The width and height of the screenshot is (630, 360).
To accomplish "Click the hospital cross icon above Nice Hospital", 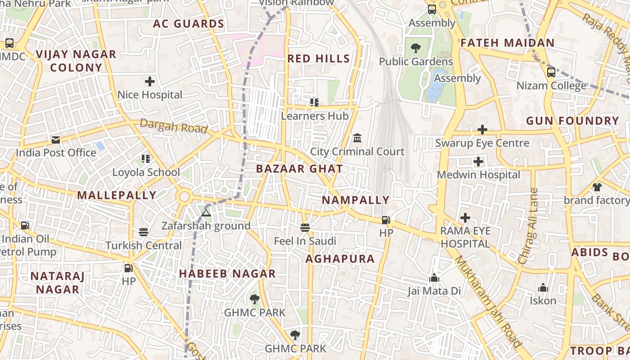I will click(x=150, y=81).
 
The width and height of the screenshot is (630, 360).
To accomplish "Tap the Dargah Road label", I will click(x=174, y=126).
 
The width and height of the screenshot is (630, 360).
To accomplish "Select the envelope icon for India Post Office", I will click(x=56, y=140).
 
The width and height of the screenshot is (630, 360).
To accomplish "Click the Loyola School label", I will click(x=146, y=172).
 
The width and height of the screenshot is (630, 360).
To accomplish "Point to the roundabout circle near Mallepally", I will click(x=184, y=197).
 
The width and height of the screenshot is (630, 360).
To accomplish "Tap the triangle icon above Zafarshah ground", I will click(x=206, y=213).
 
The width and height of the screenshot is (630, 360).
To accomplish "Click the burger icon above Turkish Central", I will click(x=144, y=232).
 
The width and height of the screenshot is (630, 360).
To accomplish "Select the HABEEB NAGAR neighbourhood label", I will click(x=227, y=274).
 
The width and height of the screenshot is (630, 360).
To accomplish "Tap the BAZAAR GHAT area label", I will click(x=299, y=169).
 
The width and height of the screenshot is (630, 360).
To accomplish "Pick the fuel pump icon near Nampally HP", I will click(x=386, y=220).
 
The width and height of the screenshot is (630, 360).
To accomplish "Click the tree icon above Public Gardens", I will click(x=415, y=47).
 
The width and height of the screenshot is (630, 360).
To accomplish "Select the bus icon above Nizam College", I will click(x=551, y=72).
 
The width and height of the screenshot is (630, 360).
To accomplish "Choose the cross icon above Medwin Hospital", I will click(x=478, y=161).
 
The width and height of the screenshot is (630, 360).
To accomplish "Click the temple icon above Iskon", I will click(x=543, y=288).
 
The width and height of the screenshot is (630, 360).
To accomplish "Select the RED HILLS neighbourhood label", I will click(x=319, y=58).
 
